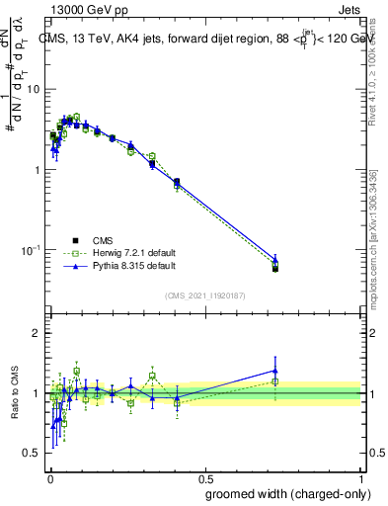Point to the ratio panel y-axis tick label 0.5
(x=36, y=453)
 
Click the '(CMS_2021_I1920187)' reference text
(x=204, y=295)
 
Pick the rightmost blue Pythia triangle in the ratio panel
(x=275, y=371)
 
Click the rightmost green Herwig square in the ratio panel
(x=275, y=380)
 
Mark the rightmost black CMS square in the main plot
(x=275, y=269)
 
